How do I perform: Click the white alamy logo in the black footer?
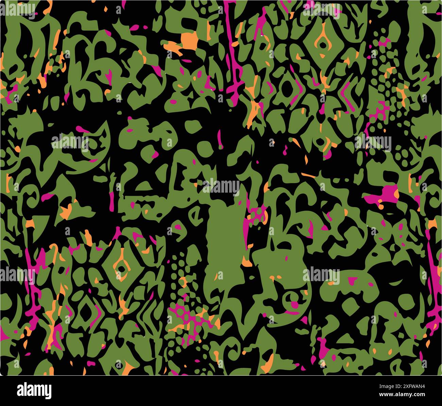tap(34, 390)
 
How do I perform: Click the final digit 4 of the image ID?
tap(423, 387)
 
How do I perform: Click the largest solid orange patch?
tap(189, 41)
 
